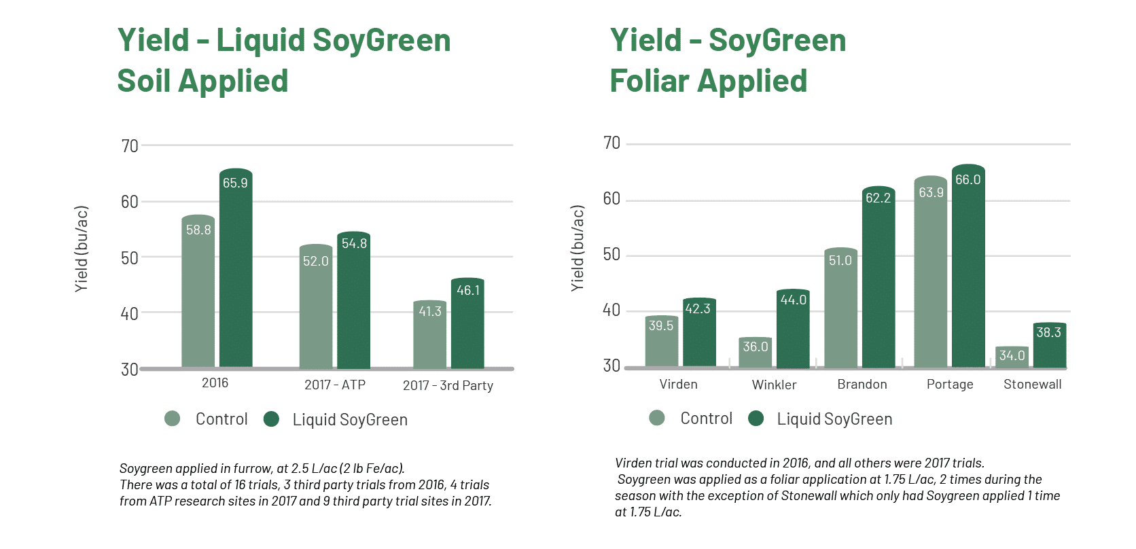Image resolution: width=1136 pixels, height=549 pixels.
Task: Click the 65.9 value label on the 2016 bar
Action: pyautogui.click(x=235, y=183)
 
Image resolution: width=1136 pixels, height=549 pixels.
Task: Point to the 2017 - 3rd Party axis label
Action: pyautogui.click(x=448, y=385)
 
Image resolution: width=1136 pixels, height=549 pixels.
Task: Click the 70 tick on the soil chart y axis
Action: pyautogui.click(x=130, y=146)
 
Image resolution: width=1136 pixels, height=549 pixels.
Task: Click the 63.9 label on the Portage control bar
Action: pyautogui.click(x=931, y=192)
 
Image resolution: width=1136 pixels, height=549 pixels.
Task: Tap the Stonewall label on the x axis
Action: pyautogui.click(x=1032, y=384)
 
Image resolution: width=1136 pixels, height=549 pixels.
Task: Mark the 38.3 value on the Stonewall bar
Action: pyautogui.click(x=1048, y=332)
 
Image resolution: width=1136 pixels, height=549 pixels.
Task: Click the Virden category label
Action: pyautogui.click(x=678, y=384)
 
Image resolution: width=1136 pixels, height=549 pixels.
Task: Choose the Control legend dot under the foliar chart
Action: pyautogui.click(x=656, y=418)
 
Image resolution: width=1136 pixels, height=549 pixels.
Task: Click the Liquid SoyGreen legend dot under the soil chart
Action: pyautogui.click(x=271, y=419)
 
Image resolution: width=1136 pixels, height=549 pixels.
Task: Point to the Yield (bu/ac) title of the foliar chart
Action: pyautogui.click(x=578, y=249)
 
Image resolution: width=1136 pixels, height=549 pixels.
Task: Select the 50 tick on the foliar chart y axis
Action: pyautogui.click(x=611, y=255)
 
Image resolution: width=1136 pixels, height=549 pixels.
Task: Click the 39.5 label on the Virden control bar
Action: pyautogui.click(x=660, y=325)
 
